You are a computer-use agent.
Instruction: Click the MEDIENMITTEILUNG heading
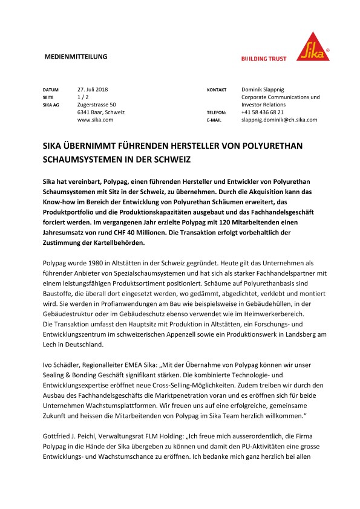pyautogui.click(x=76, y=57)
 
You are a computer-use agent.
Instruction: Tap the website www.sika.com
pyautogui.click(x=95, y=120)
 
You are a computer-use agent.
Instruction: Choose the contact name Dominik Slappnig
pyautogui.click(x=267, y=89)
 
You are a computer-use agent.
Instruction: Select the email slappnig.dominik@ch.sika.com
pyautogui.click(x=279, y=120)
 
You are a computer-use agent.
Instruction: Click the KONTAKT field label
pyautogui.click(x=217, y=89)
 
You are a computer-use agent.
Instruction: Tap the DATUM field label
pyautogui.click(x=50, y=89)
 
